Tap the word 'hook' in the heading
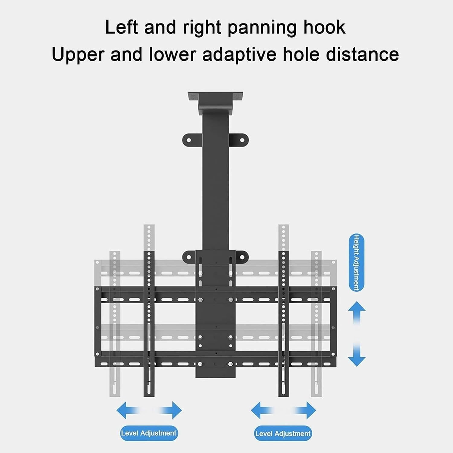[324, 27]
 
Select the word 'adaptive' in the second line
[239, 55]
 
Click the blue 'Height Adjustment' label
[356, 262]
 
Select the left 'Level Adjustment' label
[149, 433]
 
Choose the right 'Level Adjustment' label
[283, 434]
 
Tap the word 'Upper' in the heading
[78, 55]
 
